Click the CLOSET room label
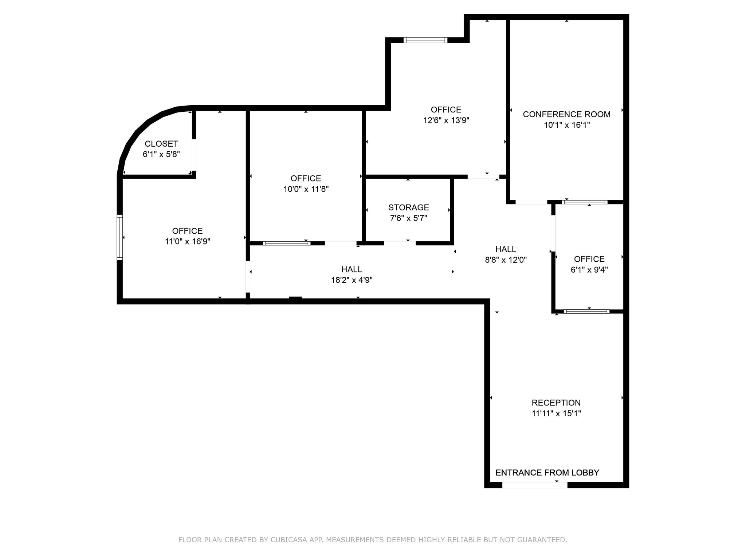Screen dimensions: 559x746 (161, 144)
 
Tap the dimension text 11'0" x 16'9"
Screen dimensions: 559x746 (187, 242)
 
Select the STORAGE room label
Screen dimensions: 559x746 (408, 207)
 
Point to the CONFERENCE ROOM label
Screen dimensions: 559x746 (566, 114)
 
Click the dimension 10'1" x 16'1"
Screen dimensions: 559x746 (566, 125)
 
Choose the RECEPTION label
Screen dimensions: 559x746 (556, 403)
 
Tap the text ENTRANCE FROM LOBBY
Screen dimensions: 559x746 (547, 473)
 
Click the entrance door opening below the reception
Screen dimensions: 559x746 (534, 485)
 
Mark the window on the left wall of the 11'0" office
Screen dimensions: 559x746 (119, 237)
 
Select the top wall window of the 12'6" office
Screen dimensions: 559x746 (425, 40)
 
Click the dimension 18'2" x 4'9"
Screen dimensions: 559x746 (352, 280)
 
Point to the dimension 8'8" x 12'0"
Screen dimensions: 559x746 (506, 260)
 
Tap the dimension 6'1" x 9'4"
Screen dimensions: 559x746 (589, 270)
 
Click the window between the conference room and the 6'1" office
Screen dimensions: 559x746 (584, 202)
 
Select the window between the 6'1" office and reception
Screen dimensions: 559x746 (586, 312)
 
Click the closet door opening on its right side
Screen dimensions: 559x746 (194, 155)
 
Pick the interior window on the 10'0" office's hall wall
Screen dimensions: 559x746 (286, 243)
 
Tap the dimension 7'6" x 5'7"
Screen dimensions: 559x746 (408, 218)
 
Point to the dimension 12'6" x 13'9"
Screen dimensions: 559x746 (446, 120)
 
